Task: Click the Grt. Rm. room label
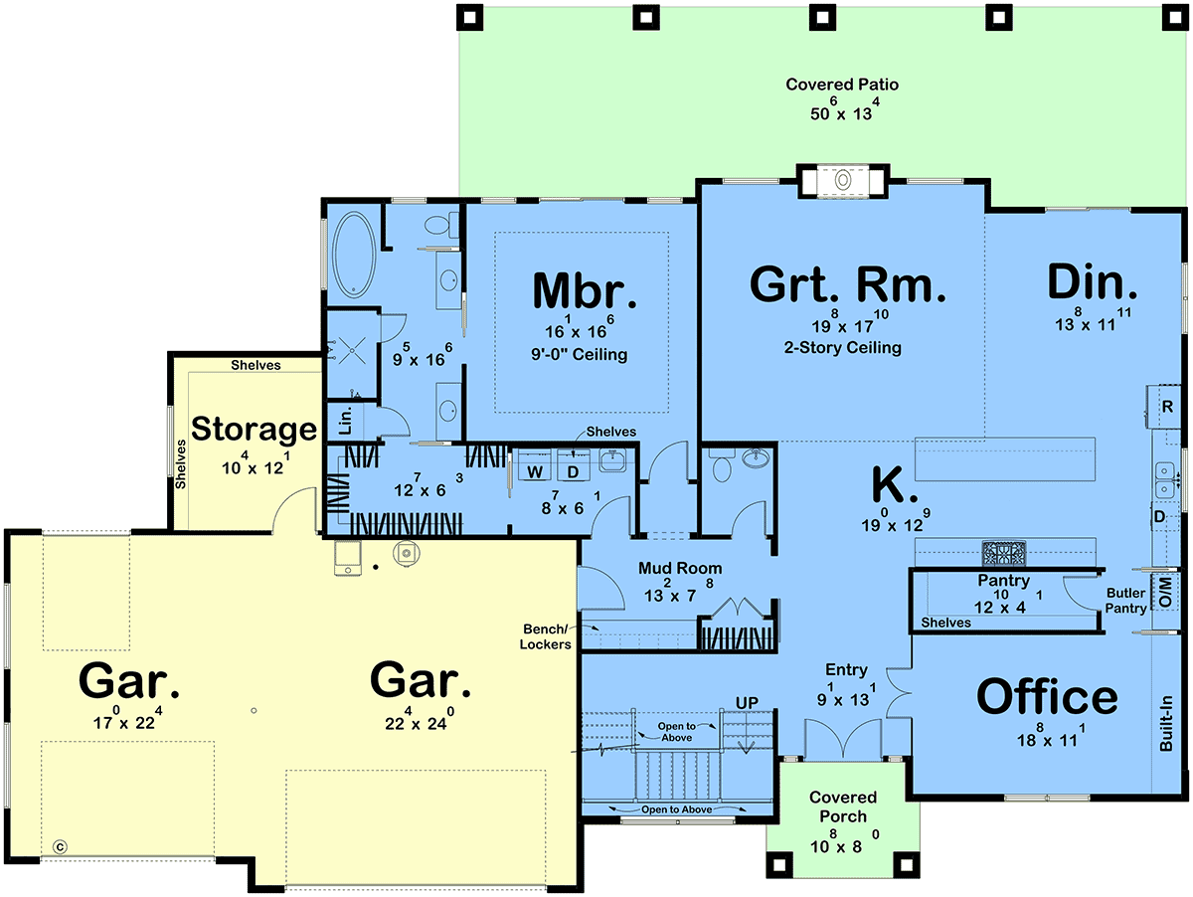coord(847,285)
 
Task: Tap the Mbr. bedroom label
coord(585,290)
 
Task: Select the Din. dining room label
coord(1092,282)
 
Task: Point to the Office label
coord(1047,697)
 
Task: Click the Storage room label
coord(254,430)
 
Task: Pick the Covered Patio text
coord(842,85)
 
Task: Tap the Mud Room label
coord(680,569)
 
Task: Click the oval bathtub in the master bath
coord(354,255)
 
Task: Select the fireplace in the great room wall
coord(842,180)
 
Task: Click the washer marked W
coord(535,471)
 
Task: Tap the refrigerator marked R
coord(1167,406)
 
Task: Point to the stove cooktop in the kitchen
coord(1004,554)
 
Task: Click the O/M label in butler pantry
coord(1166,592)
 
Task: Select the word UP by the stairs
coord(747,703)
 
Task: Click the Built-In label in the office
coord(1166,724)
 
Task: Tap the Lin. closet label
coord(346,421)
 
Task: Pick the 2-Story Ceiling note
coord(842,347)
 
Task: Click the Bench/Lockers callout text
coord(545,636)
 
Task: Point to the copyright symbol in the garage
coord(60,847)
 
